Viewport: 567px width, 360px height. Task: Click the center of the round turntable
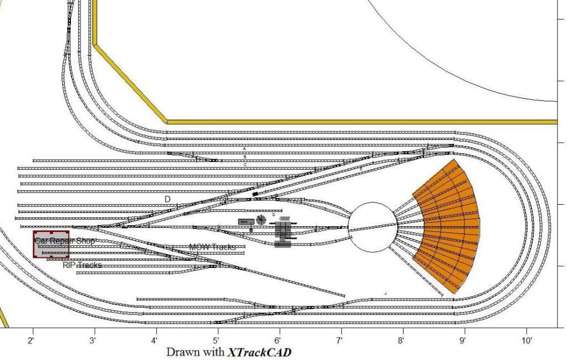pyautogui.click(x=372, y=226)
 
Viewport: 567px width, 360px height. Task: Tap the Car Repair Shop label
pyautogui.click(x=65, y=241)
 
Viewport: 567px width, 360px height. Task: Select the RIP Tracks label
pyautogui.click(x=82, y=265)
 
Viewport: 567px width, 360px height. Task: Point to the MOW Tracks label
pyautogui.click(x=212, y=247)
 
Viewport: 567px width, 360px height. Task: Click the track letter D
pyautogui.click(x=167, y=199)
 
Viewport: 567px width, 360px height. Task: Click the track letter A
pyautogui.click(x=244, y=149)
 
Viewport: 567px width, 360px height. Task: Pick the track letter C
pyautogui.click(x=245, y=165)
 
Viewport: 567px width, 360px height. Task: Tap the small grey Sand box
pyautogui.click(x=246, y=221)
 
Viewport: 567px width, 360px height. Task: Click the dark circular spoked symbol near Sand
pyautogui.click(x=261, y=220)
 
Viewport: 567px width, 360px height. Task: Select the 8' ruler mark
pyautogui.click(x=401, y=340)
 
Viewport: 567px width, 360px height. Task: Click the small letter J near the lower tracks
pyautogui.click(x=385, y=292)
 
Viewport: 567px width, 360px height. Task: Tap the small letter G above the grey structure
pyautogui.click(x=273, y=214)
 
